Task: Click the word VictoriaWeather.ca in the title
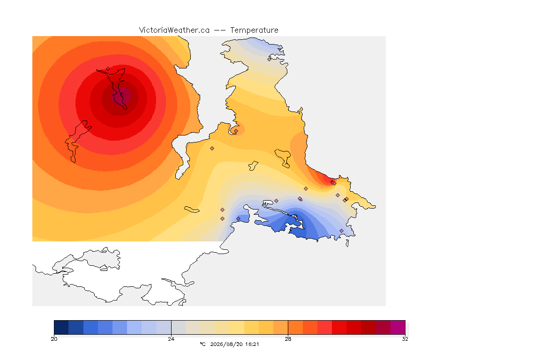pos(174,30)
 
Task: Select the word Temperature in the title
pos(254,30)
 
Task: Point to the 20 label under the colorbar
pos(54,339)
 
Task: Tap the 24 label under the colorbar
pos(171,339)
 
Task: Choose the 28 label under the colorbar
pos(288,339)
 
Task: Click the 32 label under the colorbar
pos(405,339)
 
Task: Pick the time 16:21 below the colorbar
pos(253,344)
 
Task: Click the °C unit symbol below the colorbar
pos(202,344)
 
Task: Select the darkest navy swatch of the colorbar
pos(61,327)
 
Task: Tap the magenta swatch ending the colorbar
pos(398,327)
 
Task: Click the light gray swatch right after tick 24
pos(179,327)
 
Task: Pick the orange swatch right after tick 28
pos(295,327)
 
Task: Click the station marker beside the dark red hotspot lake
pos(108,68)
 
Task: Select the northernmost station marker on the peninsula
pos(270,59)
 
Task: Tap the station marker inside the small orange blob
pos(236,131)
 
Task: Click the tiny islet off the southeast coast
pos(347,243)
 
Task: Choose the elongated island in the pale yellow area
pos(192,210)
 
